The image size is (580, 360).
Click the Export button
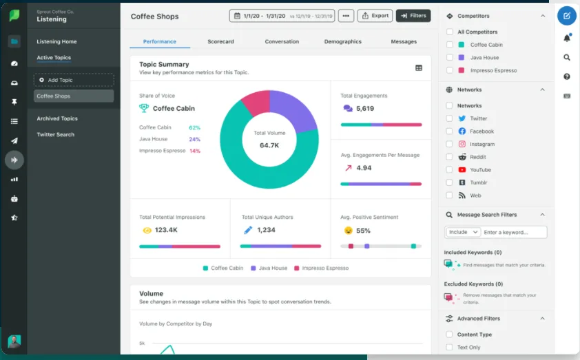coord(375,15)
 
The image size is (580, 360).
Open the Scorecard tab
coord(220,41)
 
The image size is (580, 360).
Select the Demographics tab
coord(342,41)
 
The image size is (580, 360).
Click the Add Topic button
coord(74,80)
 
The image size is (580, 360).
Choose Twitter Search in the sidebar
coord(55,134)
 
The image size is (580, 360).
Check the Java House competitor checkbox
coord(450,58)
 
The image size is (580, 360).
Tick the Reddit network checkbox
coord(450,157)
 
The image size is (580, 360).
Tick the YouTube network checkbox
coord(450,169)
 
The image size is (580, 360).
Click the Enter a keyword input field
coord(514,233)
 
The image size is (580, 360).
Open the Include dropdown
coord(462,233)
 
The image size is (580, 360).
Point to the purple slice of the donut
coord(293,109)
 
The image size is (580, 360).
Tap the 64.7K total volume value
coord(269,146)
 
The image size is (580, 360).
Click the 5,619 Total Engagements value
coord(365,109)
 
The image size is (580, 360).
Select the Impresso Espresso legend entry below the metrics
coord(321,268)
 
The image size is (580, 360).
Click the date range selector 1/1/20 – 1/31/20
coord(282,15)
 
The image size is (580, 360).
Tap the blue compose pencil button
coord(566,15)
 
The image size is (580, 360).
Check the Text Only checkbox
coord(450,348)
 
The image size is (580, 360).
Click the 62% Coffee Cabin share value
coord(194,127)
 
